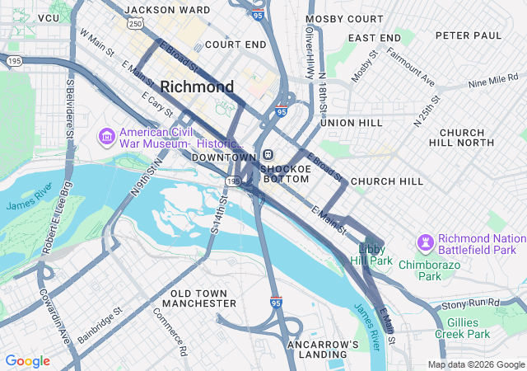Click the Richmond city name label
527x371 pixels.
click(x=197, y=87)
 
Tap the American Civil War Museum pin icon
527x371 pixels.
click(x=106, y=134)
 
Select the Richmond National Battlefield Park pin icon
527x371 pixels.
click(x=426, y=242)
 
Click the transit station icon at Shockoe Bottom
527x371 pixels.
click(x=268, y=155)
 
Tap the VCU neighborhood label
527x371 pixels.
click(x=49, y=17)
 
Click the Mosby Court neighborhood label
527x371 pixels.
click(x=344, y=18)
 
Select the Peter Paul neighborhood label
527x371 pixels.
click(x=468, y=35)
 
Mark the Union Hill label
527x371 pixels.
click(x=352, y=122)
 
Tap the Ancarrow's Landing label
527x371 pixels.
click(x=323, y=350)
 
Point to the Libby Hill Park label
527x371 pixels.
click(x=375, y=254)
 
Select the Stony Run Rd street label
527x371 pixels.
click(x=470, y=303)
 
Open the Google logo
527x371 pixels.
click(x=27, y=361)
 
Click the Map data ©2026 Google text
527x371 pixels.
click(x=476, y=364)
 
